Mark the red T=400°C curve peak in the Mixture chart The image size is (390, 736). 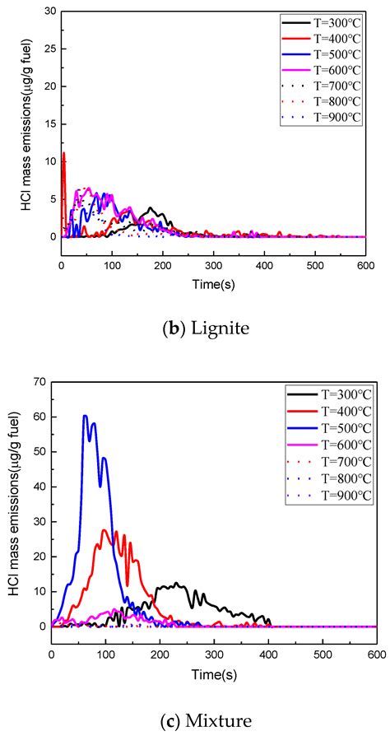104,530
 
